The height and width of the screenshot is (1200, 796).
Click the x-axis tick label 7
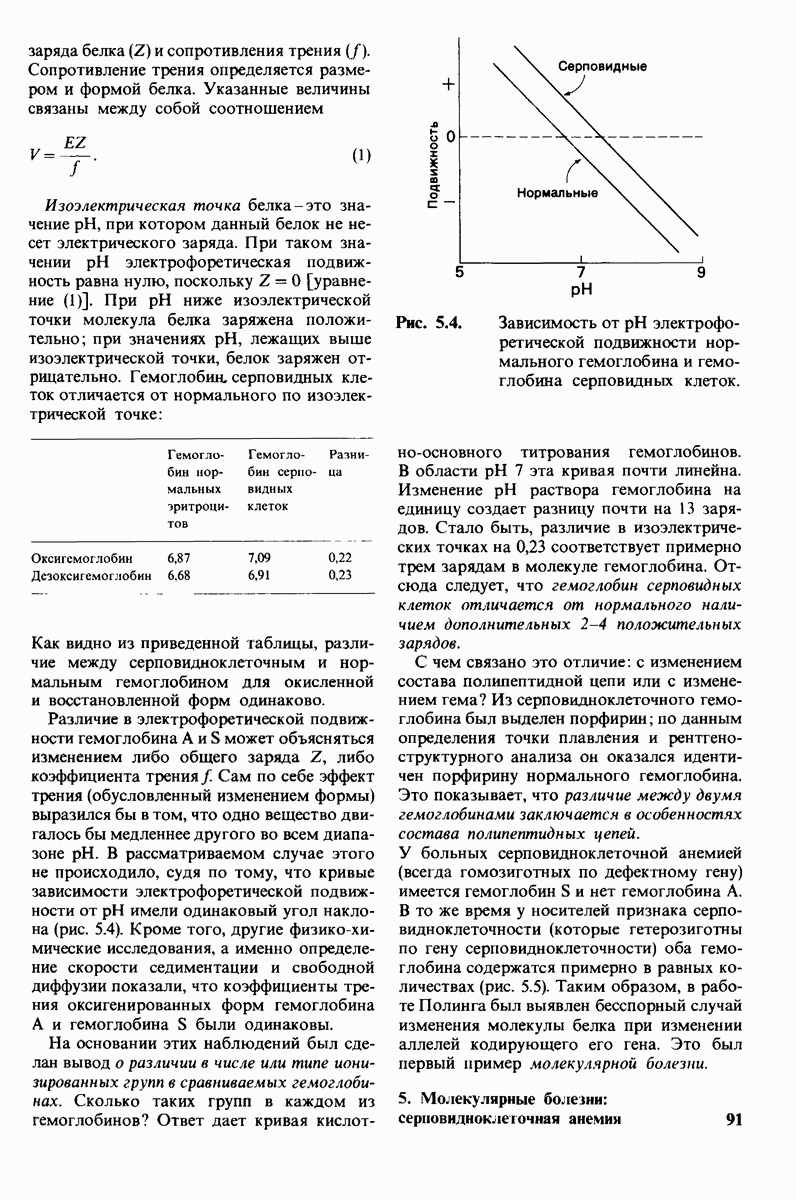[x=581, y=272]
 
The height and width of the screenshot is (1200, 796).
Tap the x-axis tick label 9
[x=701, y=272]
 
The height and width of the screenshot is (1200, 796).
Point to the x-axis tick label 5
[x=459, y=272]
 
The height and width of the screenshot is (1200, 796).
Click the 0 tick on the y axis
[x=450, y=135]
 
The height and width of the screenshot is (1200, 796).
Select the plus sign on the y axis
[x=449, y=86]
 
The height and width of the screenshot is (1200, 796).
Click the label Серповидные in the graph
[x=598, y=66]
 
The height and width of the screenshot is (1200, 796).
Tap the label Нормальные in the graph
[x=558, y=190]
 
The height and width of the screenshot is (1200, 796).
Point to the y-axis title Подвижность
[x=433, y=165]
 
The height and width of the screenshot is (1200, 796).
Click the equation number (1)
[x=361, y=155]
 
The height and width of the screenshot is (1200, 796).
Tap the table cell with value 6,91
[x=258, y=575]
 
